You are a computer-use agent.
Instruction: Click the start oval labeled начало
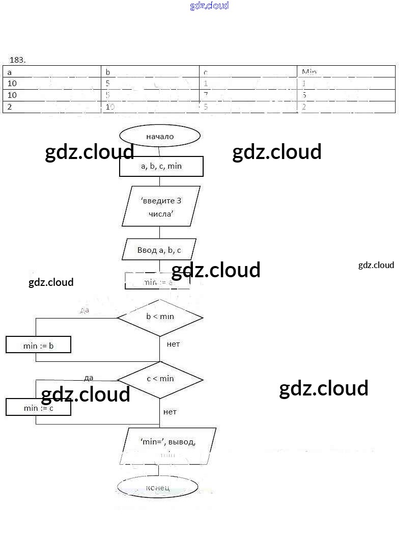[160, 136]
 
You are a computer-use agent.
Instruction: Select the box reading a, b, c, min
[161, 166]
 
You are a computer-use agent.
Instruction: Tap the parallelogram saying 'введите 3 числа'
[161, 206]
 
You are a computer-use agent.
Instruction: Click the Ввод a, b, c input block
[159, 250]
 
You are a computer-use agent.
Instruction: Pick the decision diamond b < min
[160, 317]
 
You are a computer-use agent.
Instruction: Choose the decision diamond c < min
[160, 379]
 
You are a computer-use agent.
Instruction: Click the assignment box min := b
[38, 346]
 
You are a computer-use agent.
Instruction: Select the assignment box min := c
[38, 408]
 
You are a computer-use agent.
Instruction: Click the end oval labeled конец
[157, 488]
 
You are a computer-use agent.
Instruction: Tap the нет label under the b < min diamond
[173, 344]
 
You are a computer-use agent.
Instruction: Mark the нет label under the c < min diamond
[170, 412]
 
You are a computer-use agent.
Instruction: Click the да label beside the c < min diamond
[89, 378]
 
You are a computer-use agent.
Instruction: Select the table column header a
[10, 72]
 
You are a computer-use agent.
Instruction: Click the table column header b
[108, 72]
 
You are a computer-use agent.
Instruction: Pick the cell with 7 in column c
[206, 95]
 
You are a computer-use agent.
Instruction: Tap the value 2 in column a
[10, 107]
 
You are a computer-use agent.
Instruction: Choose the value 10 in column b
[110, 107]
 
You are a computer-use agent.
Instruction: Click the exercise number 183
[17, 60]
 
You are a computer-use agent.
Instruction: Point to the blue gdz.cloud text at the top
[209, 6]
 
